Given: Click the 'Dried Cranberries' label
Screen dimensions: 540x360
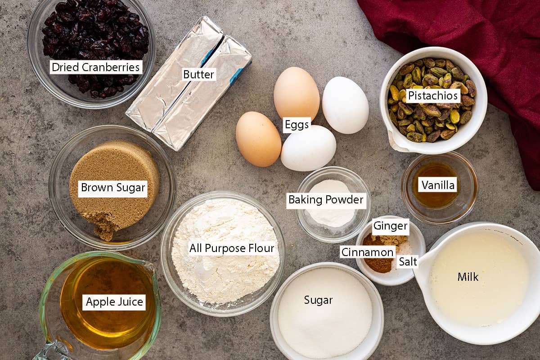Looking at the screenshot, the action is coord(96,67).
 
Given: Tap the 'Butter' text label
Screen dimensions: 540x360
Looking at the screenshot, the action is coord(198,74).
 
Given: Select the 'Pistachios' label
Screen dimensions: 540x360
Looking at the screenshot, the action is coord(433,96).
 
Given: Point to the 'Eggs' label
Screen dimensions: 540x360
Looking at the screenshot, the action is coord(297,125).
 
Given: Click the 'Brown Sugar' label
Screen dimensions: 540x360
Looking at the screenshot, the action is coord(113,188).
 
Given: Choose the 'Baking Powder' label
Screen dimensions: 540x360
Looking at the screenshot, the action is coord(326,200).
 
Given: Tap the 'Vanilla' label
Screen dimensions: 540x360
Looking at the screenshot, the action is coord(437,185).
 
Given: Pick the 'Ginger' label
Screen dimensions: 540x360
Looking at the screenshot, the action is coord(390,226).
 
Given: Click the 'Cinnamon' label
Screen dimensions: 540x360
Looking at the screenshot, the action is coord(367,252).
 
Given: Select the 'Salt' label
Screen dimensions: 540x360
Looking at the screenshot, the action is coord(408,261).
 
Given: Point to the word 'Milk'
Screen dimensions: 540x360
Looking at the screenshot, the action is coord(468,277).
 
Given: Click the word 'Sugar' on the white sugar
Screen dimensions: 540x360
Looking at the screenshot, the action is coord(318,300).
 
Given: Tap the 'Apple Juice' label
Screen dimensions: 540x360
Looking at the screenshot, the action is coord(114,302).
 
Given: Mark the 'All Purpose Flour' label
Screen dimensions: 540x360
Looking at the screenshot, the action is coord(232,248).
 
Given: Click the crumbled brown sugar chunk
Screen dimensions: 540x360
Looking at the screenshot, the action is coord(103,225).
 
